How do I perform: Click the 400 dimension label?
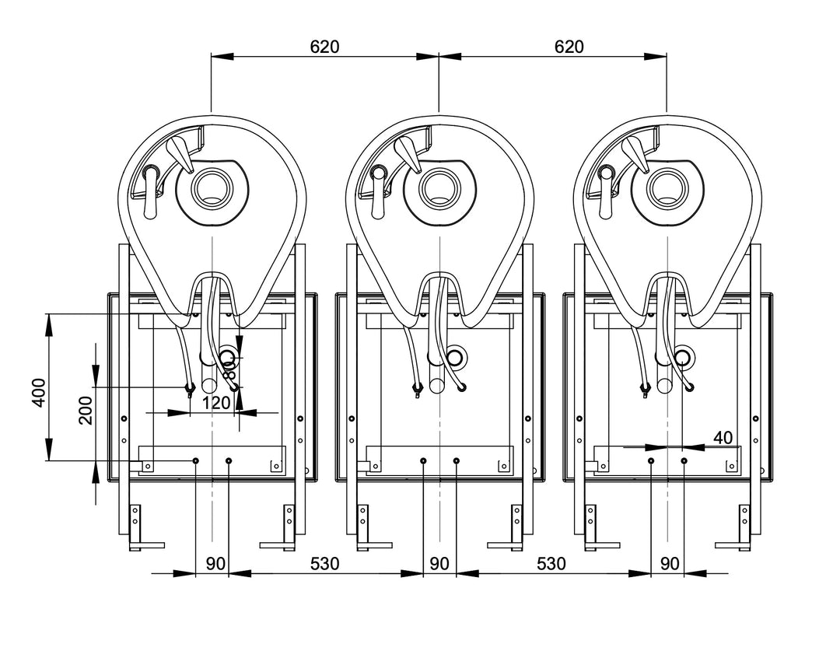38,394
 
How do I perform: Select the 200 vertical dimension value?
85,409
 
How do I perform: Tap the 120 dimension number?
215,403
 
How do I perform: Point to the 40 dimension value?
723,438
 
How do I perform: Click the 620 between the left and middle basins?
324,46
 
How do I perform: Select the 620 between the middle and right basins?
569,46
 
